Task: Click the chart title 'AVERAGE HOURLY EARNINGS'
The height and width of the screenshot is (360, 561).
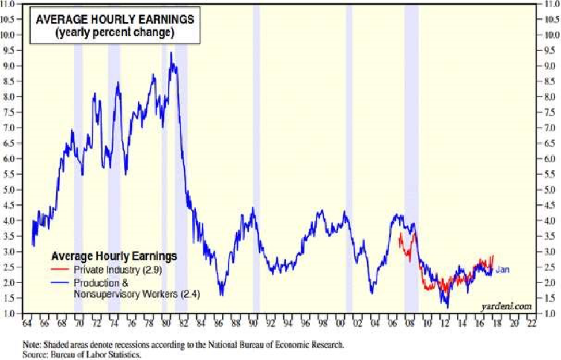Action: coord(115,20)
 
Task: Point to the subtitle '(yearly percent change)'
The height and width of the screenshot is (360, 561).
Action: coord(115,33)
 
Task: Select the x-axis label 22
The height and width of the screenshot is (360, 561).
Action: coord(532,324)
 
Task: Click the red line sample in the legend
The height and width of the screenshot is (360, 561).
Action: coord(60,269)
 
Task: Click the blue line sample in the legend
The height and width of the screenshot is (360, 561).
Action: coord(60,283)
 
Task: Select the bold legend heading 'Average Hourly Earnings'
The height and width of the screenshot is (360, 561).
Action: coord(114,256)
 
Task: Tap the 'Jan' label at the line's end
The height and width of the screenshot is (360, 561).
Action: coord(502,269)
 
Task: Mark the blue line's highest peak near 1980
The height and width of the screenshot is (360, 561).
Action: coord(170,53)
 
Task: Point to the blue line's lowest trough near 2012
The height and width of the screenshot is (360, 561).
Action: coord(447,307)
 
